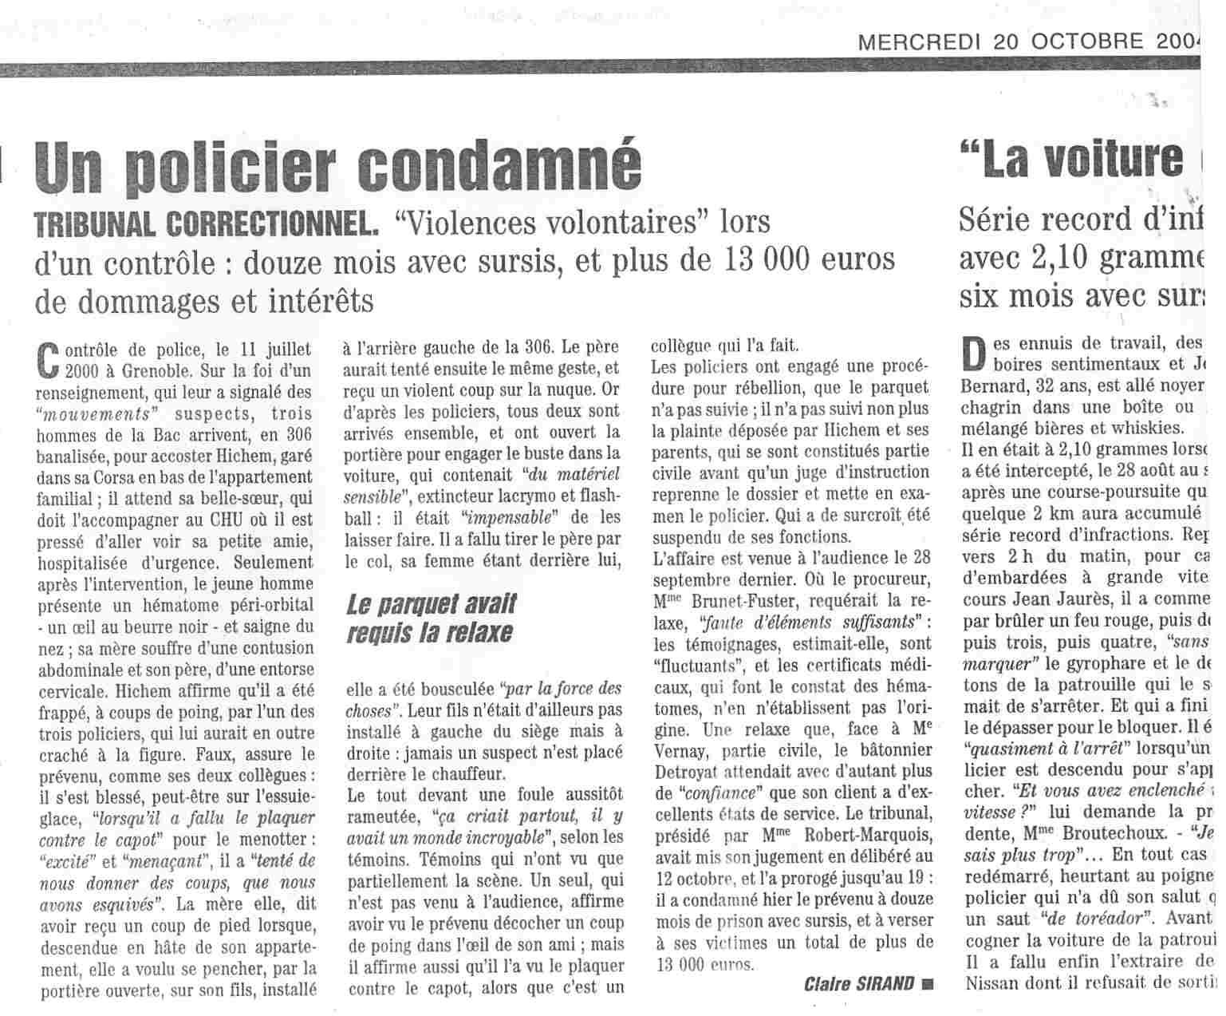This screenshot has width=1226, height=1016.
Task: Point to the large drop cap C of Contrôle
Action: [49, 358]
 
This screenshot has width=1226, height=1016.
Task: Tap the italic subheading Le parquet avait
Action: [432, 604]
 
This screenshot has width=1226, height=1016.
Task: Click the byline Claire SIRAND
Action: [859, 982]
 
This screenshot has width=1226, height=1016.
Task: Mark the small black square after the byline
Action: [926, 983]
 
